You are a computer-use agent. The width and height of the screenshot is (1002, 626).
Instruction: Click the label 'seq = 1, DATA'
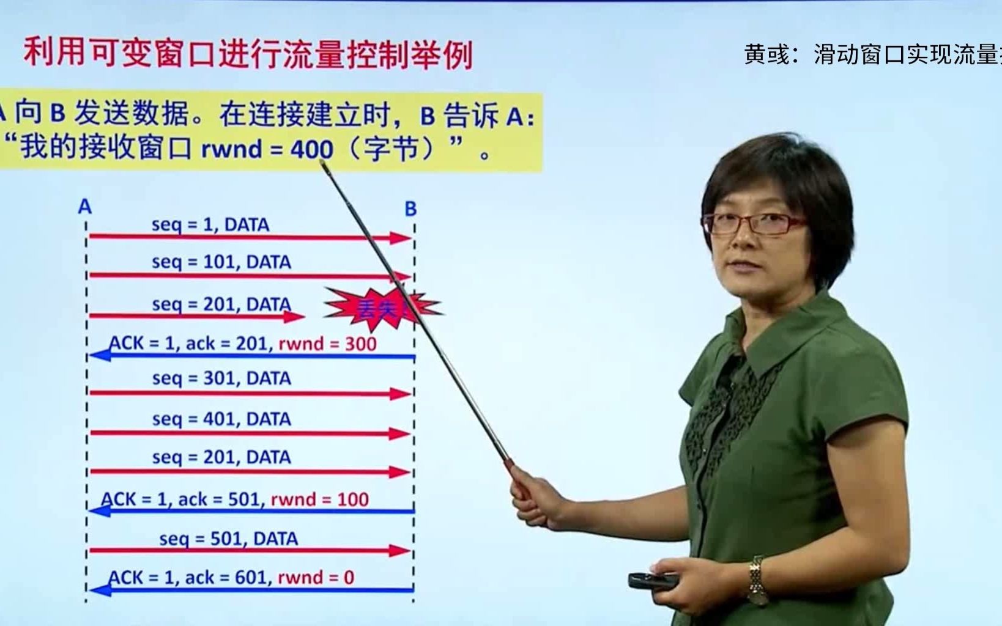(210, 224)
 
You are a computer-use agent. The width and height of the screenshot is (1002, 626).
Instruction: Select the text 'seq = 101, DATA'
(221, 262)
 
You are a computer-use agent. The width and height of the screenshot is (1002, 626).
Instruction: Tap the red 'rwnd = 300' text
(327, 344)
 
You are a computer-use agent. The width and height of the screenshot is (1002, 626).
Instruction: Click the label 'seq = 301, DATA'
(221, 378)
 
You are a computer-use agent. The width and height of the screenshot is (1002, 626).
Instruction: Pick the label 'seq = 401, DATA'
(221, 419)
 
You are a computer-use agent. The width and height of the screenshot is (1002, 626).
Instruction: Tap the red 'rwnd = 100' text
(319, 499)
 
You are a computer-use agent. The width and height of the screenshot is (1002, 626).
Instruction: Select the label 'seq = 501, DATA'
(228, 539)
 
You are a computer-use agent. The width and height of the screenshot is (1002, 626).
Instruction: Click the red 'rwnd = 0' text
(316, 577)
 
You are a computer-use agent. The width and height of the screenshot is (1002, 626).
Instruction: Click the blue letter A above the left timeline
(84, 207)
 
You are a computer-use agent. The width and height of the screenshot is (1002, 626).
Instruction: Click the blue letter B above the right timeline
(410, 209)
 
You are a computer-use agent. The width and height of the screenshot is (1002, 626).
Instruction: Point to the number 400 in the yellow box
(312, 149)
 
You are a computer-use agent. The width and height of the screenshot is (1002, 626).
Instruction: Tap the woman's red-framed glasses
(754, 223)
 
